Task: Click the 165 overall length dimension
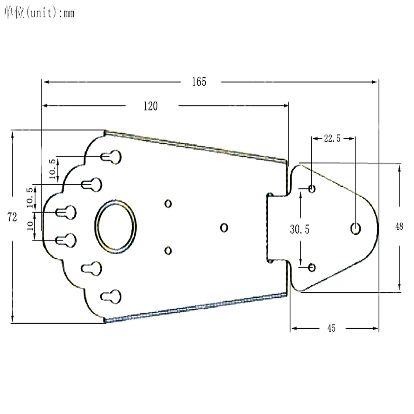[x=199, y=82]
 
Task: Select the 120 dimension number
[x=151, y=106]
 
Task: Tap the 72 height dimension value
[x=12, y=217]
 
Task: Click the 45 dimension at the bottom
[x=331, y=328]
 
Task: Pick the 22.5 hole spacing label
[x=332, y=139]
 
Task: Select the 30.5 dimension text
[x=299, y=229]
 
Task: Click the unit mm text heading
[x=39, y=14]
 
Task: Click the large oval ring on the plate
[x=116, y=226]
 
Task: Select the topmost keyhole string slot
[x=111, y=156]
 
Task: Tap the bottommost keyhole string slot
[x=111, y=296]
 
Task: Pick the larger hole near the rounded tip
[x=355, y=228]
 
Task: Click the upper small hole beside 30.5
[x=312, y=189]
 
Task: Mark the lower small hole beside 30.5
[x=312, y=267]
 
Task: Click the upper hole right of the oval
[x=168, y=203]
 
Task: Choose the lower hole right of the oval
[x=168, y=250]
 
